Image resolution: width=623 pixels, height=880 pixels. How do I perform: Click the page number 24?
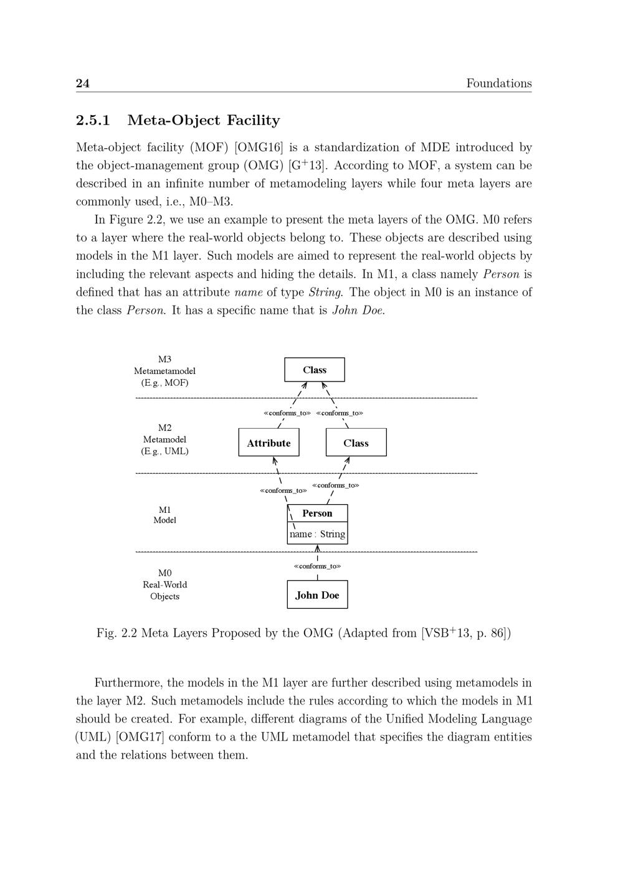click(83, 83)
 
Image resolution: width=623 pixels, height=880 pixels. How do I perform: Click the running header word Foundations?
click(498, 83)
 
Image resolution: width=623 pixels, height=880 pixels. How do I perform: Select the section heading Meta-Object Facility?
click(203, 120)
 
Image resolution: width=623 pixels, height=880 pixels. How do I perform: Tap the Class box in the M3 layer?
click(315, 370)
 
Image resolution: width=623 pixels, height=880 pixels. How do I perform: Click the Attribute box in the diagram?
click(269, 442)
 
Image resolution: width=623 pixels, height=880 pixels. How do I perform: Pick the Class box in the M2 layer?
click(356, 442)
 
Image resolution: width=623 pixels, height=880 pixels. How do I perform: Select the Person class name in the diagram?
click(317, 513)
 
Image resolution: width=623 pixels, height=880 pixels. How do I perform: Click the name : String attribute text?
click(317, 534)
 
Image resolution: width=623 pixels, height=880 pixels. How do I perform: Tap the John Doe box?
click(317, 595)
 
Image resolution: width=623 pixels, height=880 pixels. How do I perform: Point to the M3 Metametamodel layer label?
click(164, 371)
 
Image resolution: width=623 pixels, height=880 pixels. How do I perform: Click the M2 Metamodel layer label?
click(164, 439)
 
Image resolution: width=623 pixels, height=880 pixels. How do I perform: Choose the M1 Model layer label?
click(164, 515)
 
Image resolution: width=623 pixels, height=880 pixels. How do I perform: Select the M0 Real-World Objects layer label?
click(164, 584)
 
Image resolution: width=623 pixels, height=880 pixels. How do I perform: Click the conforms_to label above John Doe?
click(317, 566)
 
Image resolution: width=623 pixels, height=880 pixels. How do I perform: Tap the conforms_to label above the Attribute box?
click(287, 413)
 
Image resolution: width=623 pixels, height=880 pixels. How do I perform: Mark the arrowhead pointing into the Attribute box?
click(274, 461)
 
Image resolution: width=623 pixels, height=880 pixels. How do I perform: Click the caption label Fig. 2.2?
click(117, 634)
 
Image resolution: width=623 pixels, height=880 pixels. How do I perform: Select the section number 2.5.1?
click(93, 120)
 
